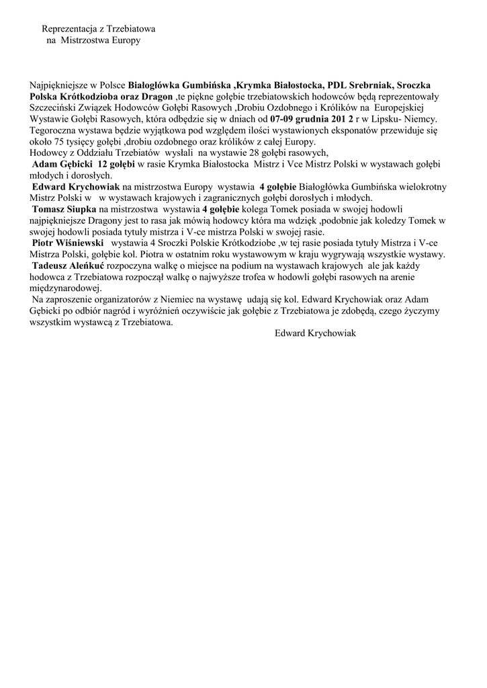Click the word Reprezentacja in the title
69,30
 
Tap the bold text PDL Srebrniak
359,86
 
